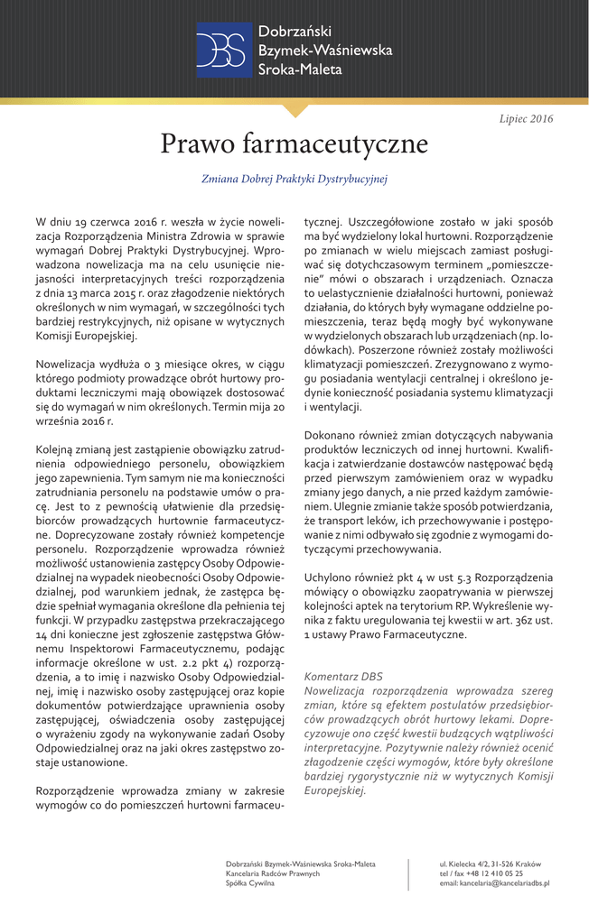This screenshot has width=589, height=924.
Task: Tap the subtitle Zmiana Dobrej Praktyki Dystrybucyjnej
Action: (294, 180)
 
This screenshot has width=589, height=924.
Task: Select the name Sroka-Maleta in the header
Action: (300, 68)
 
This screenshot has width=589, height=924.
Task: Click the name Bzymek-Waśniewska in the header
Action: (325, 51)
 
